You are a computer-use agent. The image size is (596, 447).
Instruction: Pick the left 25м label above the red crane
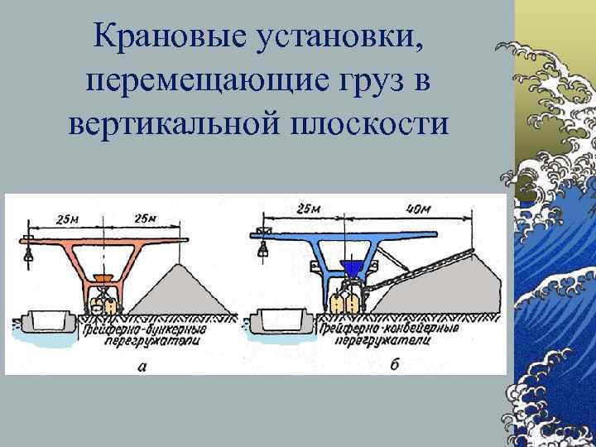(x=68, y=219)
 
